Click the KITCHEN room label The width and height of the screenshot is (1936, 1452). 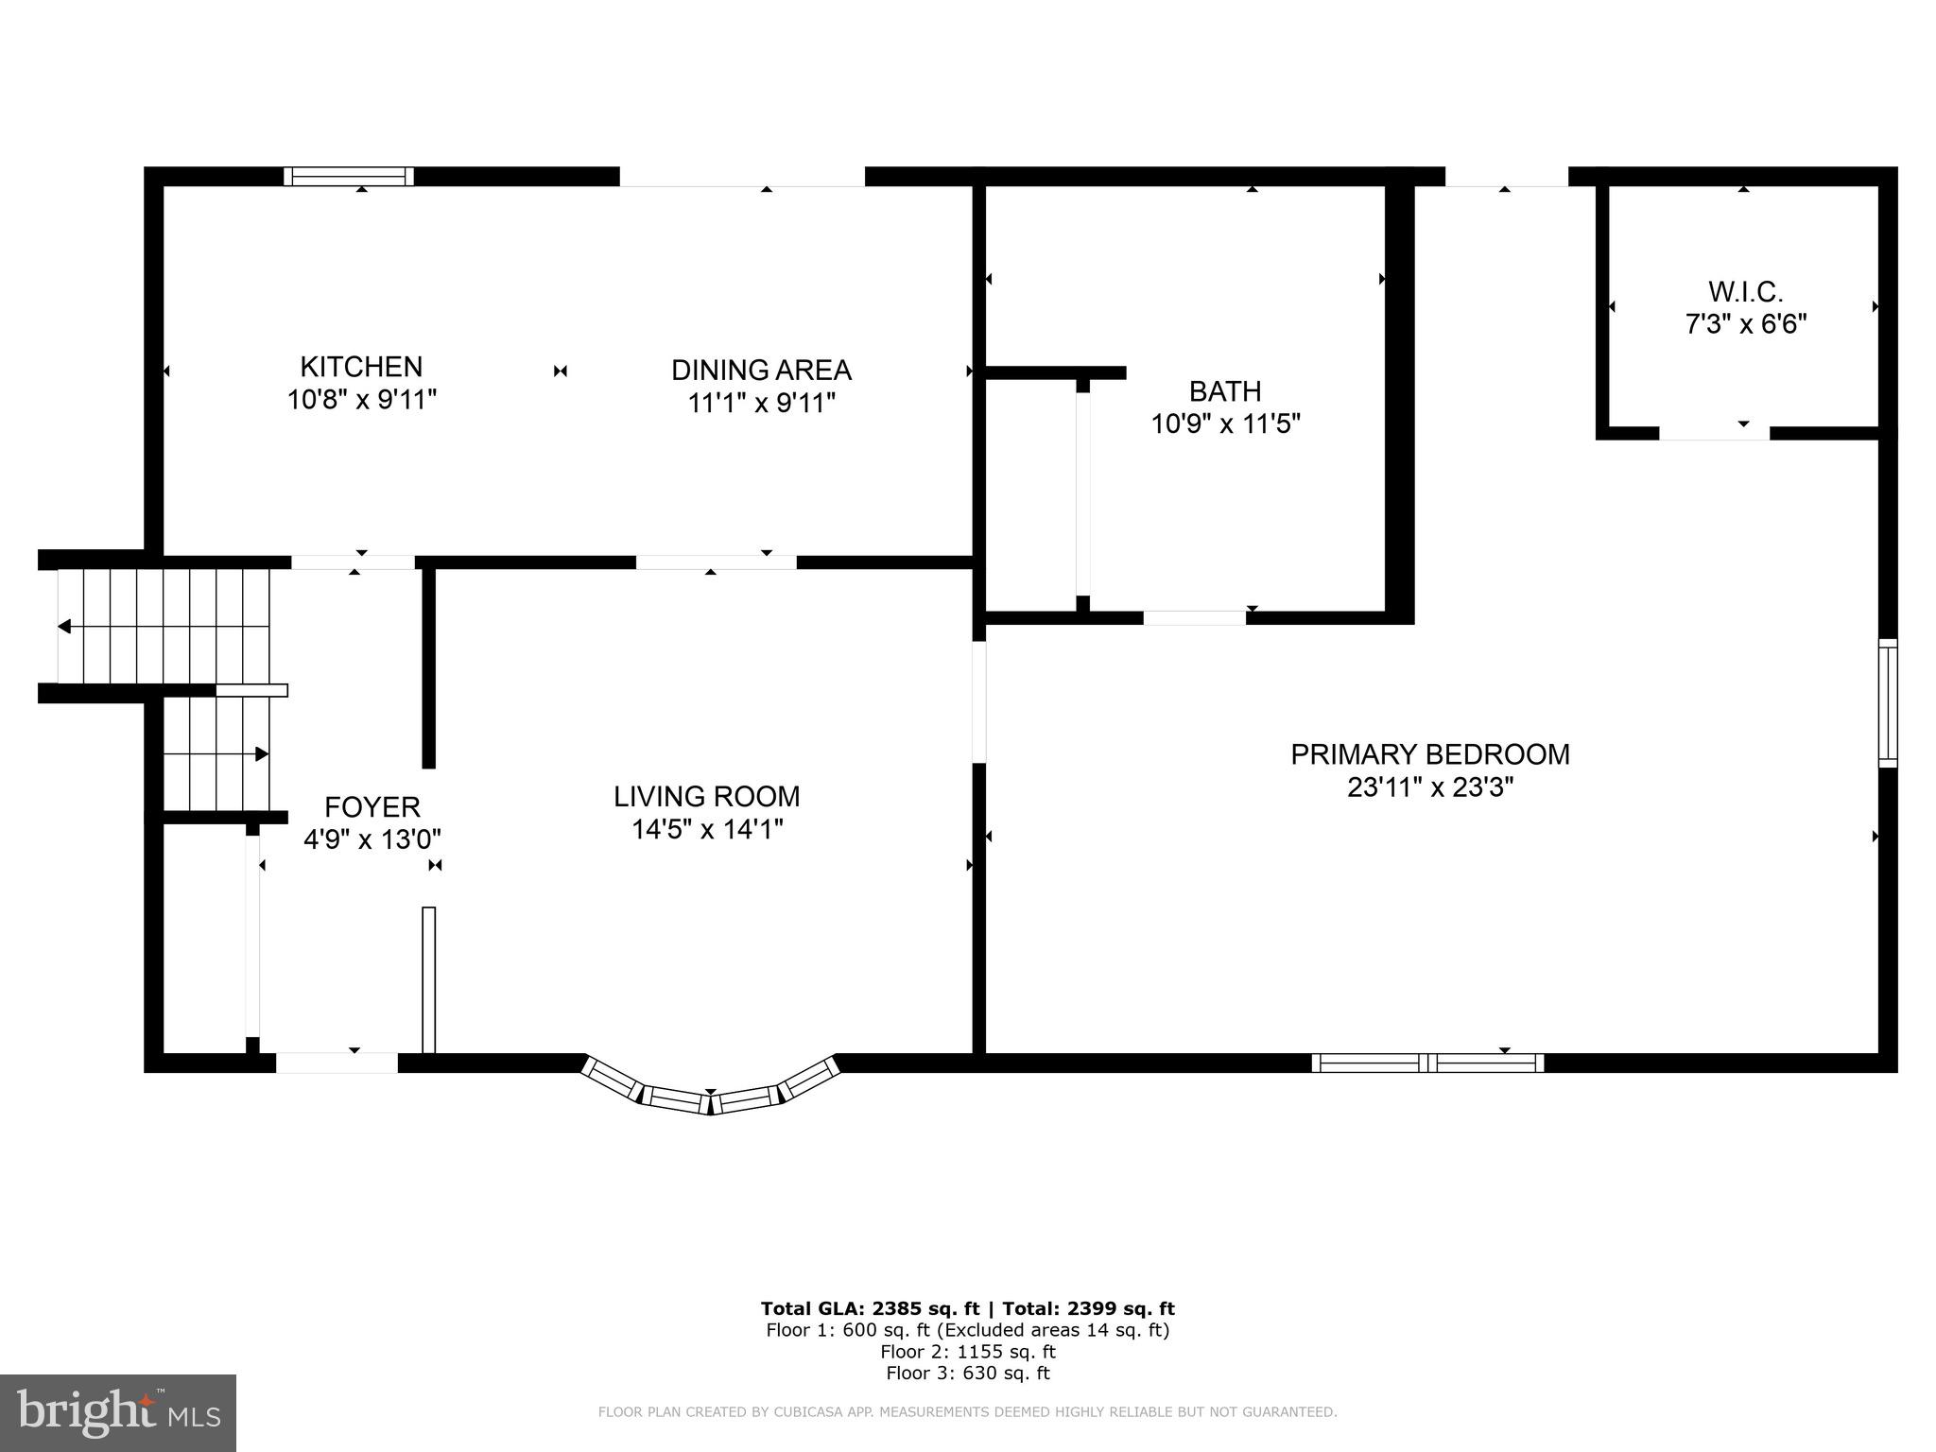point(361,367)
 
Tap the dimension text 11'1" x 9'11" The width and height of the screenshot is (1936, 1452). point(761,404)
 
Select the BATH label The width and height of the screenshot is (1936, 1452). point(1224,390)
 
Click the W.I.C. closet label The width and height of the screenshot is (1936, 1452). point(1745,291)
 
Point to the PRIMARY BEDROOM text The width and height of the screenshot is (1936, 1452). point(1429,754)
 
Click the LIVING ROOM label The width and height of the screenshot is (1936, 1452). point(706,797)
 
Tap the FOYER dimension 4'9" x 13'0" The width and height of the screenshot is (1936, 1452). point(372,839)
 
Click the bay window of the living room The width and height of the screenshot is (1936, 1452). point(710,1091)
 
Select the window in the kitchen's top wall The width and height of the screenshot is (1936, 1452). point(349,177)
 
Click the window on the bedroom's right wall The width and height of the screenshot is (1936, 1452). point(1887,702)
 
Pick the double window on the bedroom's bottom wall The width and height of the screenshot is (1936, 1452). point(1427,1063)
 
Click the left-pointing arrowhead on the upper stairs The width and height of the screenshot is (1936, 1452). point(64,627)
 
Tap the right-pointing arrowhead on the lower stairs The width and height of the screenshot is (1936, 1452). point(262,753)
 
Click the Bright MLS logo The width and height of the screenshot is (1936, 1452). point(117,1412)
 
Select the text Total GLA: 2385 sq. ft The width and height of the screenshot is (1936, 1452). point(869,1308)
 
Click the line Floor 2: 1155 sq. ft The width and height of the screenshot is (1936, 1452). point(967,1352)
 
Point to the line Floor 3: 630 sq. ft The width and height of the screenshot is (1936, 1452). point(967,1374)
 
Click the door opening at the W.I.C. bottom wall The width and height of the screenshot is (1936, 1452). point(1714,433)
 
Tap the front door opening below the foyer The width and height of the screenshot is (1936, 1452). point(337,1063)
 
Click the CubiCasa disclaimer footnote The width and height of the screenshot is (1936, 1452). point(967,1412)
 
